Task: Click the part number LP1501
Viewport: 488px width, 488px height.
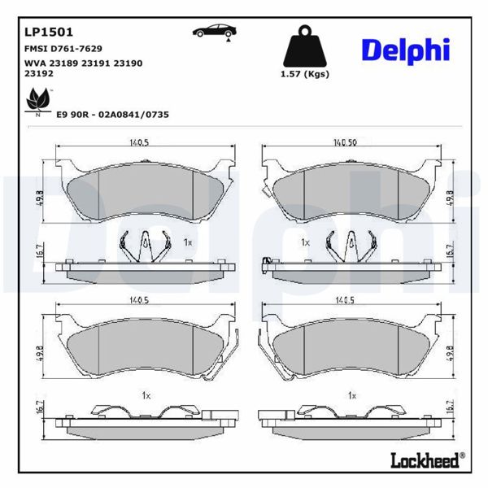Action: click(x=50, y=33)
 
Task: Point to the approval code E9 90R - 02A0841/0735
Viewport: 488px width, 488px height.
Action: click(x=112, y=115)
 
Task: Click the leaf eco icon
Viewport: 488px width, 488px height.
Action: click(x=37, y=102)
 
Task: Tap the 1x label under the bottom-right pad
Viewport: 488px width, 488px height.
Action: click(x=352, y=395)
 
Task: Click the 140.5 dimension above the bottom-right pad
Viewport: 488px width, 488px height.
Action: click(x=347, y=300)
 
